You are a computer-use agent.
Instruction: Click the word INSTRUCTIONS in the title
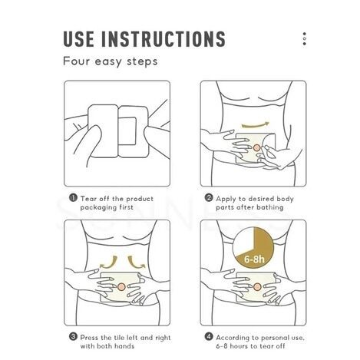point(163,39)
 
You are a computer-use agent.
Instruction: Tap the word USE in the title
point(78,39)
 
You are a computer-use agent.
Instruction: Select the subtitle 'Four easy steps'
point(111,61)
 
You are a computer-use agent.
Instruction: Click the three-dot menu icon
point(304,39)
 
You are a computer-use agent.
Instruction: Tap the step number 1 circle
point(73,198)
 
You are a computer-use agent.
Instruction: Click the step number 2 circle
point(209,198)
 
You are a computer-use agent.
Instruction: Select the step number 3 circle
point(73,337)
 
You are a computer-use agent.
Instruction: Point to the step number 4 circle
point(209,337)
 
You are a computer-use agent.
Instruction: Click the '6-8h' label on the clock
point(254,259)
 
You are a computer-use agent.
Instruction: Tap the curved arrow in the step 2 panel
point(255,126)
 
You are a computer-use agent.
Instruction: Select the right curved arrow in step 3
point(136,263)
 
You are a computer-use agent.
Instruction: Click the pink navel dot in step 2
point(256,147)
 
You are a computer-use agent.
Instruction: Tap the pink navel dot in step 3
point(121,287)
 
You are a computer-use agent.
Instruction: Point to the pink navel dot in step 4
point(257,287)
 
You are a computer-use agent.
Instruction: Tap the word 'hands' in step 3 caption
point(124,346)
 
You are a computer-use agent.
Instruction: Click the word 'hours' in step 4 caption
point(239,346)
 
